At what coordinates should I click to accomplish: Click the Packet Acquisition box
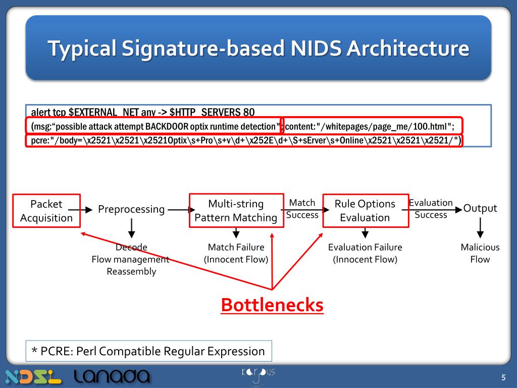point(46,211)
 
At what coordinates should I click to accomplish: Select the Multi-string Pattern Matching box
point(236,211)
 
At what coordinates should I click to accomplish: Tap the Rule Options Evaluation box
point(365,211)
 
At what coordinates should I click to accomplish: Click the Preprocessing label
point(131,209)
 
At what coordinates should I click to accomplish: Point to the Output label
point(480,208)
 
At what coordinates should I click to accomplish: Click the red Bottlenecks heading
point(272,305)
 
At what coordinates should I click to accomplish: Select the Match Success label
point(302,209)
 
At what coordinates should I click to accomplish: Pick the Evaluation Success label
point(431,209)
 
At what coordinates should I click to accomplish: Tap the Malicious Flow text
point(480,253)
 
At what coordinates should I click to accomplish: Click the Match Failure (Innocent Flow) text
point(236,253)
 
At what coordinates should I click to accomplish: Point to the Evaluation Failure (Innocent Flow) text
point(365,253)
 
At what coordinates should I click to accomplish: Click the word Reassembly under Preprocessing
point(131,271)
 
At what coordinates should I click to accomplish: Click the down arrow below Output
point(480,228)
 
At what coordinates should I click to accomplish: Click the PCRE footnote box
point(149,351)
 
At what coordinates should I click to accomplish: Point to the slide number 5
point(503,378)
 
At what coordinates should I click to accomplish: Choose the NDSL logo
point(33,377)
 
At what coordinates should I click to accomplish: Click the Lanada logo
point(112,376)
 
